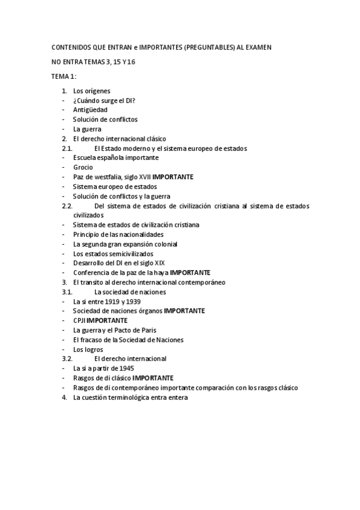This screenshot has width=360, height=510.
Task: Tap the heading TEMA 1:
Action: (63, 76)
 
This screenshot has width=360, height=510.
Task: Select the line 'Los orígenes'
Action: (91, 91)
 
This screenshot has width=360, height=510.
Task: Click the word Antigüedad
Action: (91, 110)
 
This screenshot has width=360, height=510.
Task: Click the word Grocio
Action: (83, 167)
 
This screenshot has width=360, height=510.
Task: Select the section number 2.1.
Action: (67, 148)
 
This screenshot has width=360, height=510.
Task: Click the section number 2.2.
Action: (67, 206)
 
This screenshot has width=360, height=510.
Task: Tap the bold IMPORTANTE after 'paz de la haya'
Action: (190, 272)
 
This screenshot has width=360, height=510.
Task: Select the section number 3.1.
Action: (67, 292)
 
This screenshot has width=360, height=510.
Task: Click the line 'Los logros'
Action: (88, 349)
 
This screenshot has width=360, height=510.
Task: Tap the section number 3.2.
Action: (67, 358)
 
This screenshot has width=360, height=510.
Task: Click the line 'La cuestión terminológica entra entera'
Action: (130, 397)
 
